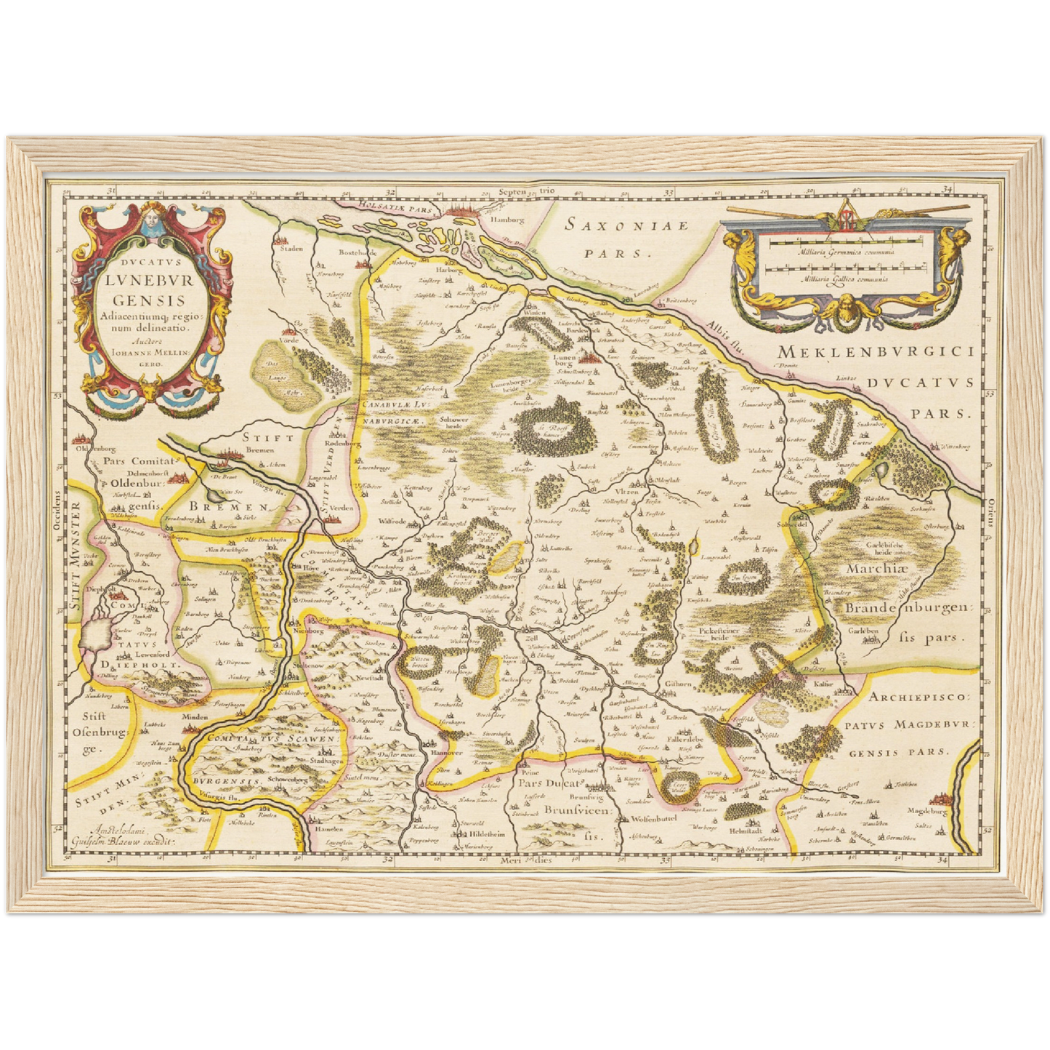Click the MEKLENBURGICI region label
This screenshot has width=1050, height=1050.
pyautogui.click(x=875, y=352)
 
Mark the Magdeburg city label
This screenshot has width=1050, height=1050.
pyautogui.click(x=927, y=811)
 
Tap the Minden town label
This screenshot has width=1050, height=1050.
pyautogui.click(x=195, y=717)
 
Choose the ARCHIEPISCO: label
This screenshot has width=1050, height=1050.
pyautogui.click(x=918, y=696)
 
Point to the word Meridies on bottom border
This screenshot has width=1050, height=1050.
pyautogui.click(x=527, y=860)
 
